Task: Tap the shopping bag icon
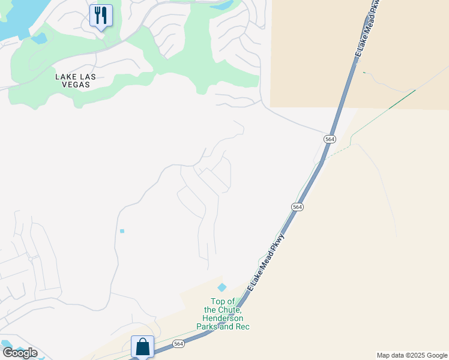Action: click(x=142, y=346)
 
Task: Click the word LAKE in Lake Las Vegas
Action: click(x=67, y=77)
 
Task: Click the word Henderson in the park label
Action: click(x=223, y=318)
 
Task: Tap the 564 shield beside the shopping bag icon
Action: click(x=178, y=344)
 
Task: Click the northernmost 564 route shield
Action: click(x=330, y=139)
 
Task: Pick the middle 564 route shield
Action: click(x=298, y=206)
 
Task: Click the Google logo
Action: click(x=19, y=353)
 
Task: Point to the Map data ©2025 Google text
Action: click(x=412, y=355)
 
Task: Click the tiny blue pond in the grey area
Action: click(x=122, y=231)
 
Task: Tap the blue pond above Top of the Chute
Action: click(x=222, y=288)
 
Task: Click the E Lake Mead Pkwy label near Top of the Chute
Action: click(x=265, y=262)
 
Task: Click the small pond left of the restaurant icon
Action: click(x=39, y=38)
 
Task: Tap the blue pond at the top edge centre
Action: click(x=223, y=6)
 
